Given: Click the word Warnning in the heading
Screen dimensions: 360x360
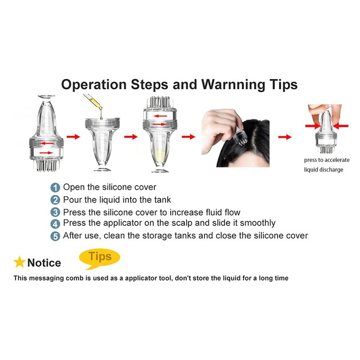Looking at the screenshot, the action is (233, 85).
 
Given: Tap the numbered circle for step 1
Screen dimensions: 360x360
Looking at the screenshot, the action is (55, 188).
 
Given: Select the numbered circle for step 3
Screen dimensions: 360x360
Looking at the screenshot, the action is (55, 212).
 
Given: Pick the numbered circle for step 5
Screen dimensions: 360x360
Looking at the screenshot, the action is (55, 236).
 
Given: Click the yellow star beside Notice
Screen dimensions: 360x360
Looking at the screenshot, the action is (19, 262).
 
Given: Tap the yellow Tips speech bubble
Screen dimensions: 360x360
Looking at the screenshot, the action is (99, 258).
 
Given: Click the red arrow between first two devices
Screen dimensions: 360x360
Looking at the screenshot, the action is (73, 137).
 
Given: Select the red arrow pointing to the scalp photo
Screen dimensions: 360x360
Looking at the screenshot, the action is (188, 137).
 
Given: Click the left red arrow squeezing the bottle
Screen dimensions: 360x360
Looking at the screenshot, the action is (313, 126).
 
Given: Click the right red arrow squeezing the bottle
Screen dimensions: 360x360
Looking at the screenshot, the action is (341, 126).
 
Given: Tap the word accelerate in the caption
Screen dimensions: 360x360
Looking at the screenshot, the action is (337, 160).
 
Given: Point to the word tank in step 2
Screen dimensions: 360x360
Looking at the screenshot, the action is (162, 200).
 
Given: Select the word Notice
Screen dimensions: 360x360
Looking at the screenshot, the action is (44, 263).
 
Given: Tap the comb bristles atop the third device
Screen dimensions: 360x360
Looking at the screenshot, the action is (160, 102).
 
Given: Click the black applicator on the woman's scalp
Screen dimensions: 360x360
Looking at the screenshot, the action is (240, 138).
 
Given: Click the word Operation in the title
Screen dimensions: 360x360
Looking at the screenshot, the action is (94, 85).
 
